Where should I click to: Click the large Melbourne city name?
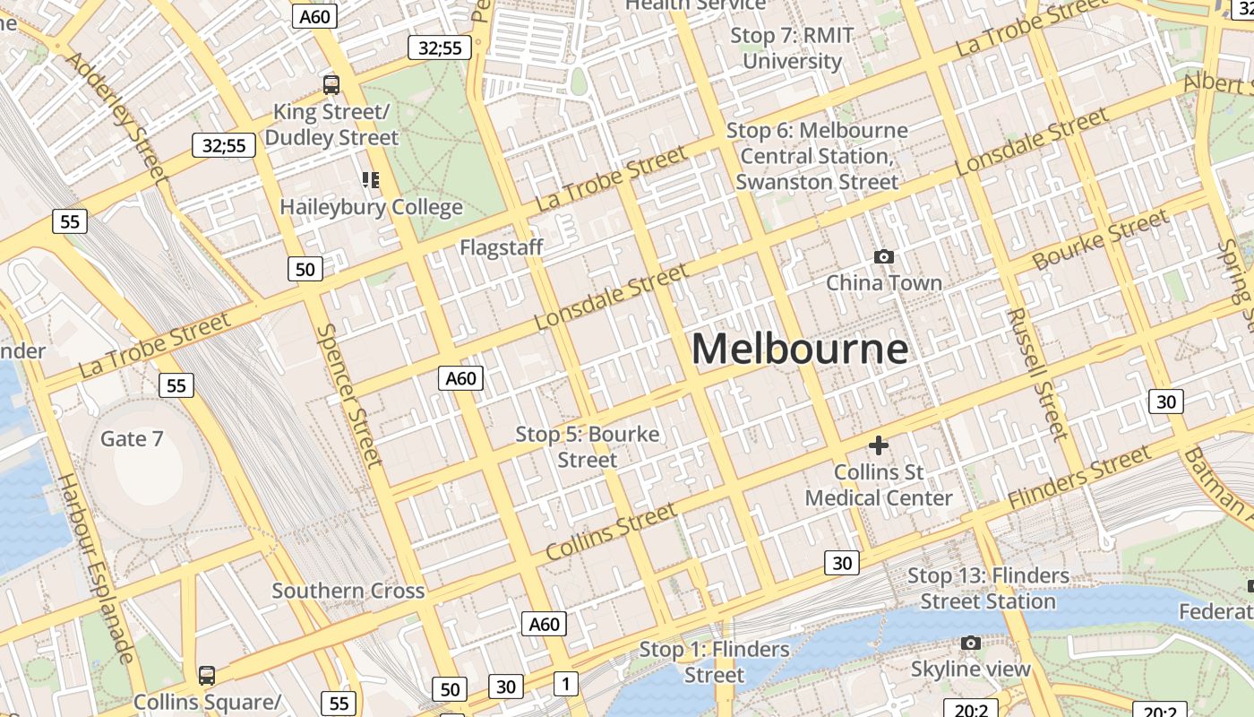tap(800, 349)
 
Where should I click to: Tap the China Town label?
tap(884, 283)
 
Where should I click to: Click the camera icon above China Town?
tap(884, 257)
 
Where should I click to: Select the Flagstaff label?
tap(502, 247)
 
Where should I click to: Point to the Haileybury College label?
tap(371, 207)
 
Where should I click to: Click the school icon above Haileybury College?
tap(371, 180)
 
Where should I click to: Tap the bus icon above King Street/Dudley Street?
tap(331, 85)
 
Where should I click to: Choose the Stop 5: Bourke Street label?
tap(588, 446)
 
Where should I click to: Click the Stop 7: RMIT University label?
tap(792, 48)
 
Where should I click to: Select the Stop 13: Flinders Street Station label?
tap(988, 588)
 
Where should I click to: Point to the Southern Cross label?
tap(348, 591)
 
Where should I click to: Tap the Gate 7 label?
tap(132, 438)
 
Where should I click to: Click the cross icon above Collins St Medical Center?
tap(879, 445)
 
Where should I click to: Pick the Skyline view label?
tap(971, 669)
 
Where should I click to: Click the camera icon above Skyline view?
tap(971, 643)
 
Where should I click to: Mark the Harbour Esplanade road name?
tap(96, 568)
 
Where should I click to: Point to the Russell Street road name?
tap(1037, 375)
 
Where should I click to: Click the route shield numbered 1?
tap(565, 684)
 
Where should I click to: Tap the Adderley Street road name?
tap(117, 117)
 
